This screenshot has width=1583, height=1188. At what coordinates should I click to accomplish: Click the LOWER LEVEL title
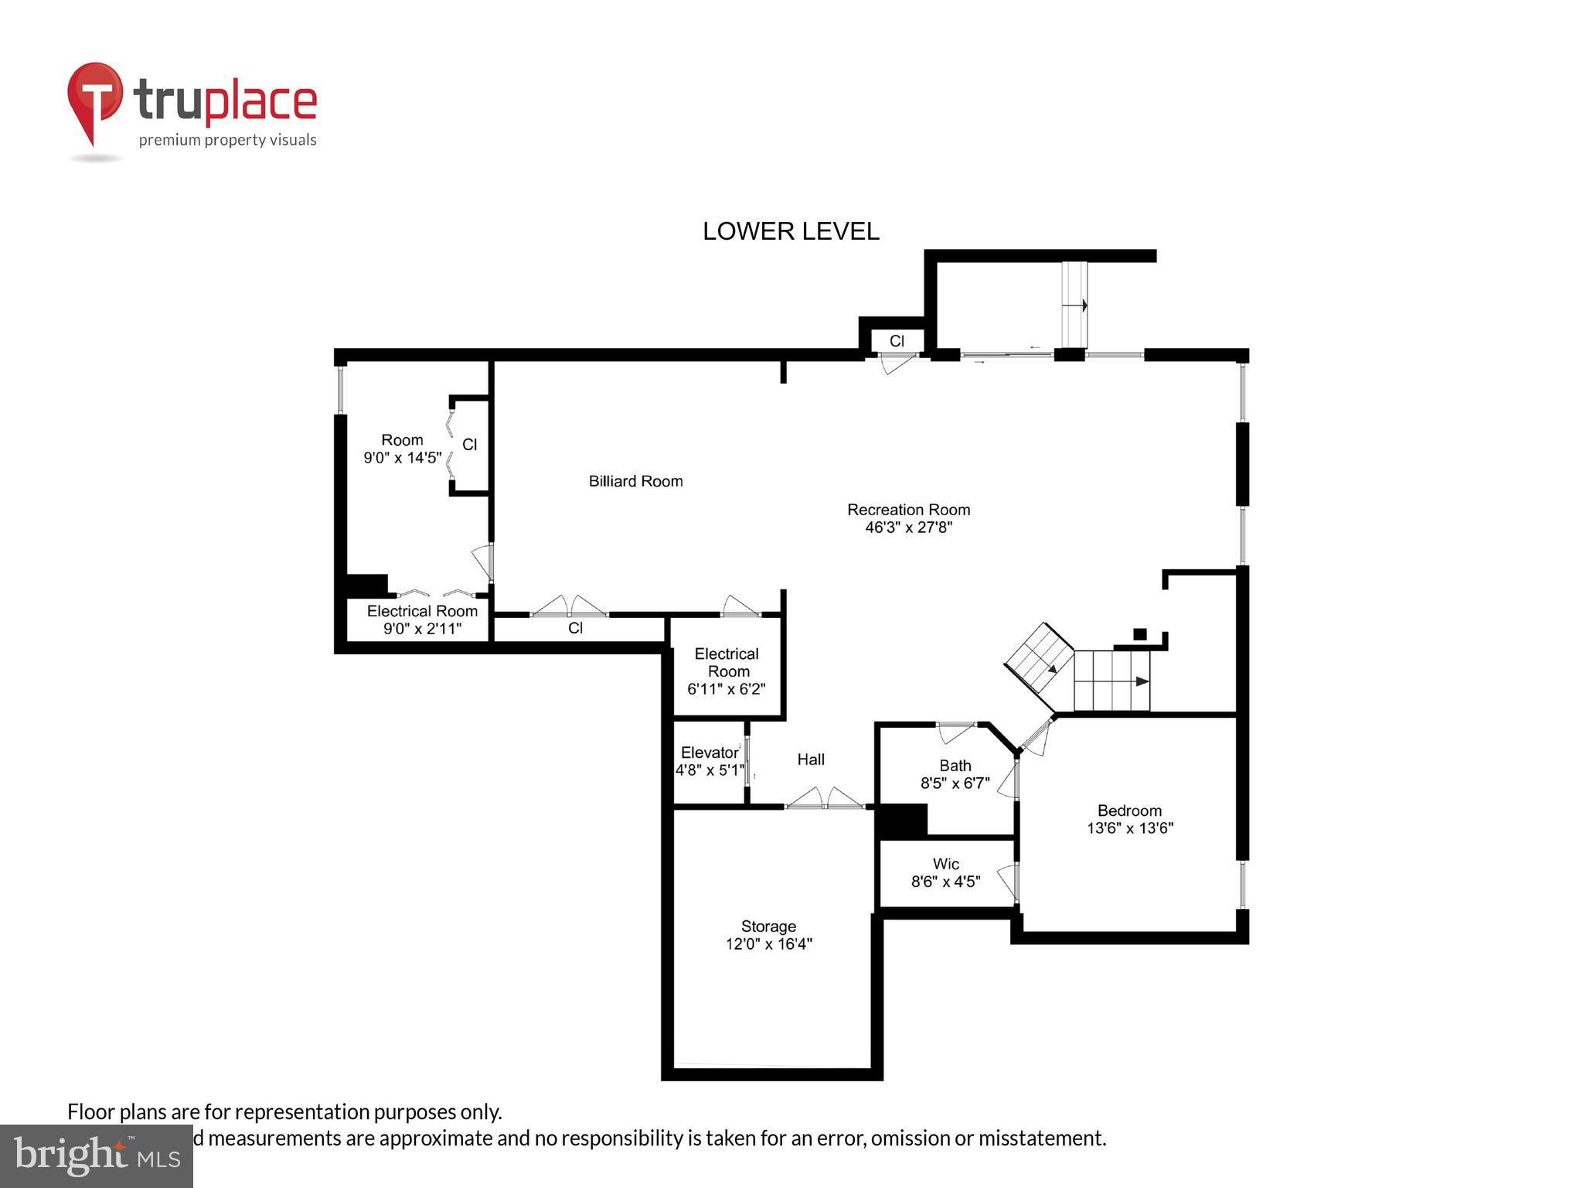791,231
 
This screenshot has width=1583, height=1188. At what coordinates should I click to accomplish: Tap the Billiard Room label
635,481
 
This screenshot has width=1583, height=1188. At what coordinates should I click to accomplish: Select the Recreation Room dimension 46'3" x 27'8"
908,527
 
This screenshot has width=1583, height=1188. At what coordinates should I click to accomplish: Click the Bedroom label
1129,811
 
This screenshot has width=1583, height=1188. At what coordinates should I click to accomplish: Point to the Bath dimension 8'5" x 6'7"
955,783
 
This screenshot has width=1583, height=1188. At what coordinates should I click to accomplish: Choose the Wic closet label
945,864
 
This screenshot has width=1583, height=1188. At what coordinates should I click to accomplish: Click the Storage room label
768,926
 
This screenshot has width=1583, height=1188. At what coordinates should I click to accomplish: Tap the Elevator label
709,753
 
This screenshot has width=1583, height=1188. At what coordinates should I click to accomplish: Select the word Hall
811,760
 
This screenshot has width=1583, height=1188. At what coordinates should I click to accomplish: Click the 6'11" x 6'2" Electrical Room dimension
726,688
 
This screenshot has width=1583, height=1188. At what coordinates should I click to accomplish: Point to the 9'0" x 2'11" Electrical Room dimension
422,628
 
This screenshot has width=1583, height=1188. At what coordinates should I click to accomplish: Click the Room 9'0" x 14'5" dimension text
402,457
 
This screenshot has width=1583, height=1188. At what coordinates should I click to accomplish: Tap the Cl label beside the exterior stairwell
897,341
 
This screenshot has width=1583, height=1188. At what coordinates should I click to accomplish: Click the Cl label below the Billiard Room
575,628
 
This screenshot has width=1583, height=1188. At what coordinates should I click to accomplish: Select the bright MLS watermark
97,1156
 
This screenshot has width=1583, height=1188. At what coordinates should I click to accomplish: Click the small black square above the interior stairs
1139,634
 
